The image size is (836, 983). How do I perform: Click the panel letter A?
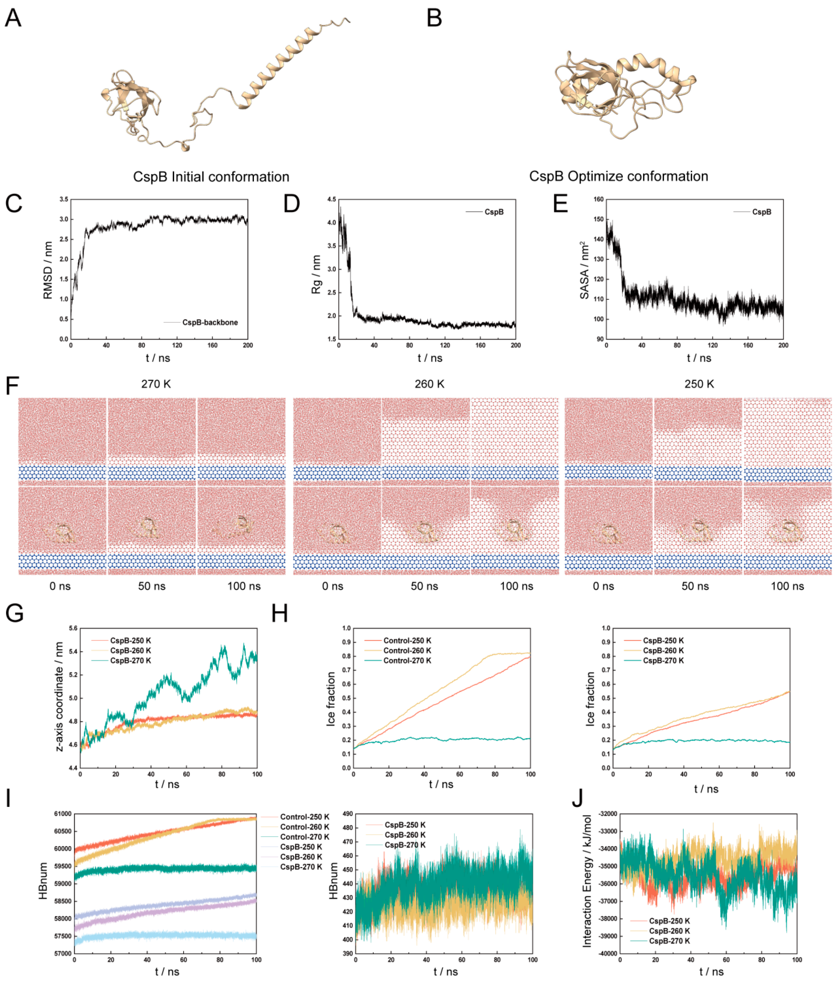(x=13, y=19)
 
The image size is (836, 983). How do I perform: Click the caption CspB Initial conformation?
(x=211, y=177)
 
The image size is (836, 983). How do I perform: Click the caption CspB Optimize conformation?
(x=619, y=176)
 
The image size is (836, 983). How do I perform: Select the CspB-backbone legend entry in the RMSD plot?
(x=210, y=322)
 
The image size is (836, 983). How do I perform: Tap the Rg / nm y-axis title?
(x=316, y=274)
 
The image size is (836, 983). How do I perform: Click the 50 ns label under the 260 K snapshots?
(x=424, y=586)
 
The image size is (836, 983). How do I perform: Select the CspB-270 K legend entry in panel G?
(x=130, y=661)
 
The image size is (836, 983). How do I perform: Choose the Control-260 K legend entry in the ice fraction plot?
(x=407, y=650)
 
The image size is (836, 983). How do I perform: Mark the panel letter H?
(x=280, y=614)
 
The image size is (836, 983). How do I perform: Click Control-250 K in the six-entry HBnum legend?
(x=304, y=816)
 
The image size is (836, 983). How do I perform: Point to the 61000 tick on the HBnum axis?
(x=62, y=814)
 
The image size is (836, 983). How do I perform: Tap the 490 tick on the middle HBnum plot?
(x=347, y=814)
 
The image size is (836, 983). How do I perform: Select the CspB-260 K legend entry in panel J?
(x=669, y=931)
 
